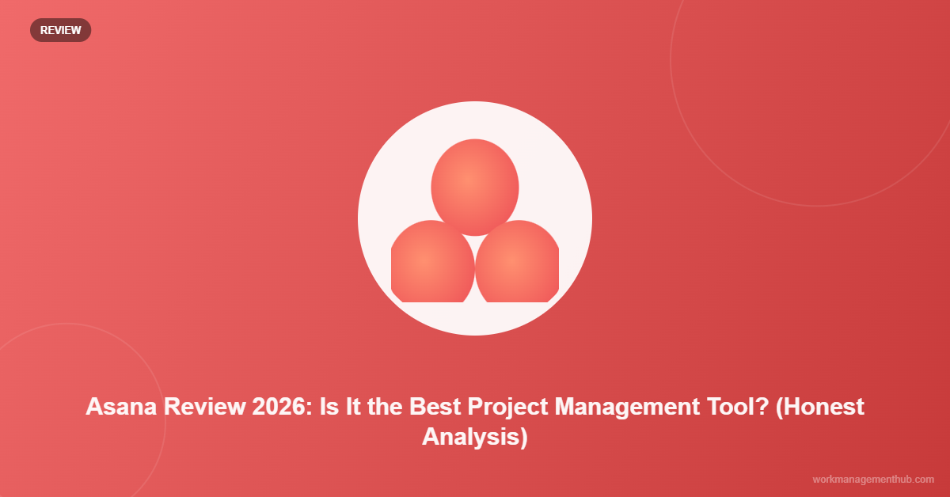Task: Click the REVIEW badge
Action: pos(60,30)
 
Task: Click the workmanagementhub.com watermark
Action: pos(873,480)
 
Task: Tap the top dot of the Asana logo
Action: pos(475,187)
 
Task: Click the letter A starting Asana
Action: pos(93,407)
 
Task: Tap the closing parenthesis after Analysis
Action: pos(523,436)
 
